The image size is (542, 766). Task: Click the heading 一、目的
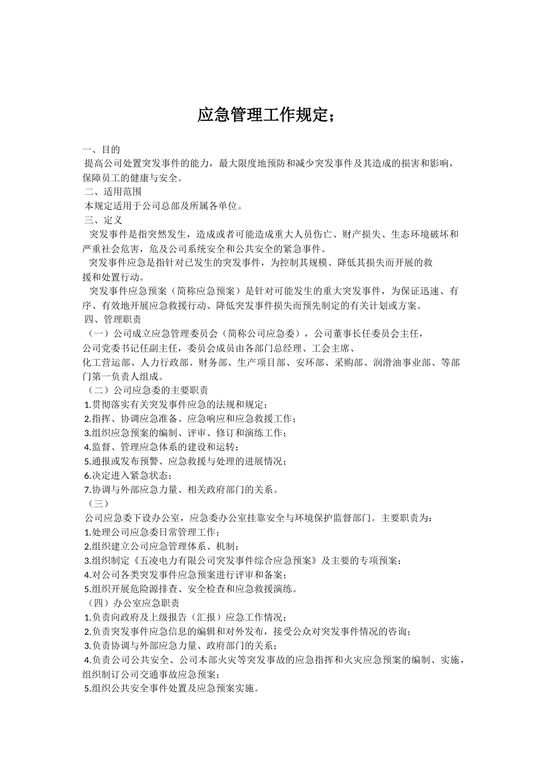coord(101,150)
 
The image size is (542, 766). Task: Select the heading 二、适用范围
coord(113,192)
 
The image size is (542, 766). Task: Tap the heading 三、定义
coord(103,220)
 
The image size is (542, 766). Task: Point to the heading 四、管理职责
coord(113,319)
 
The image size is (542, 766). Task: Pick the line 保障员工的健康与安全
coord(133,178)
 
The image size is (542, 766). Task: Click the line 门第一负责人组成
coord(116,376)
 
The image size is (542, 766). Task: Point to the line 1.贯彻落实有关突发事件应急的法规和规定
coord(175,405)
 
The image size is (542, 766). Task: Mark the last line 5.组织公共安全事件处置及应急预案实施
coord(171,688)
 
